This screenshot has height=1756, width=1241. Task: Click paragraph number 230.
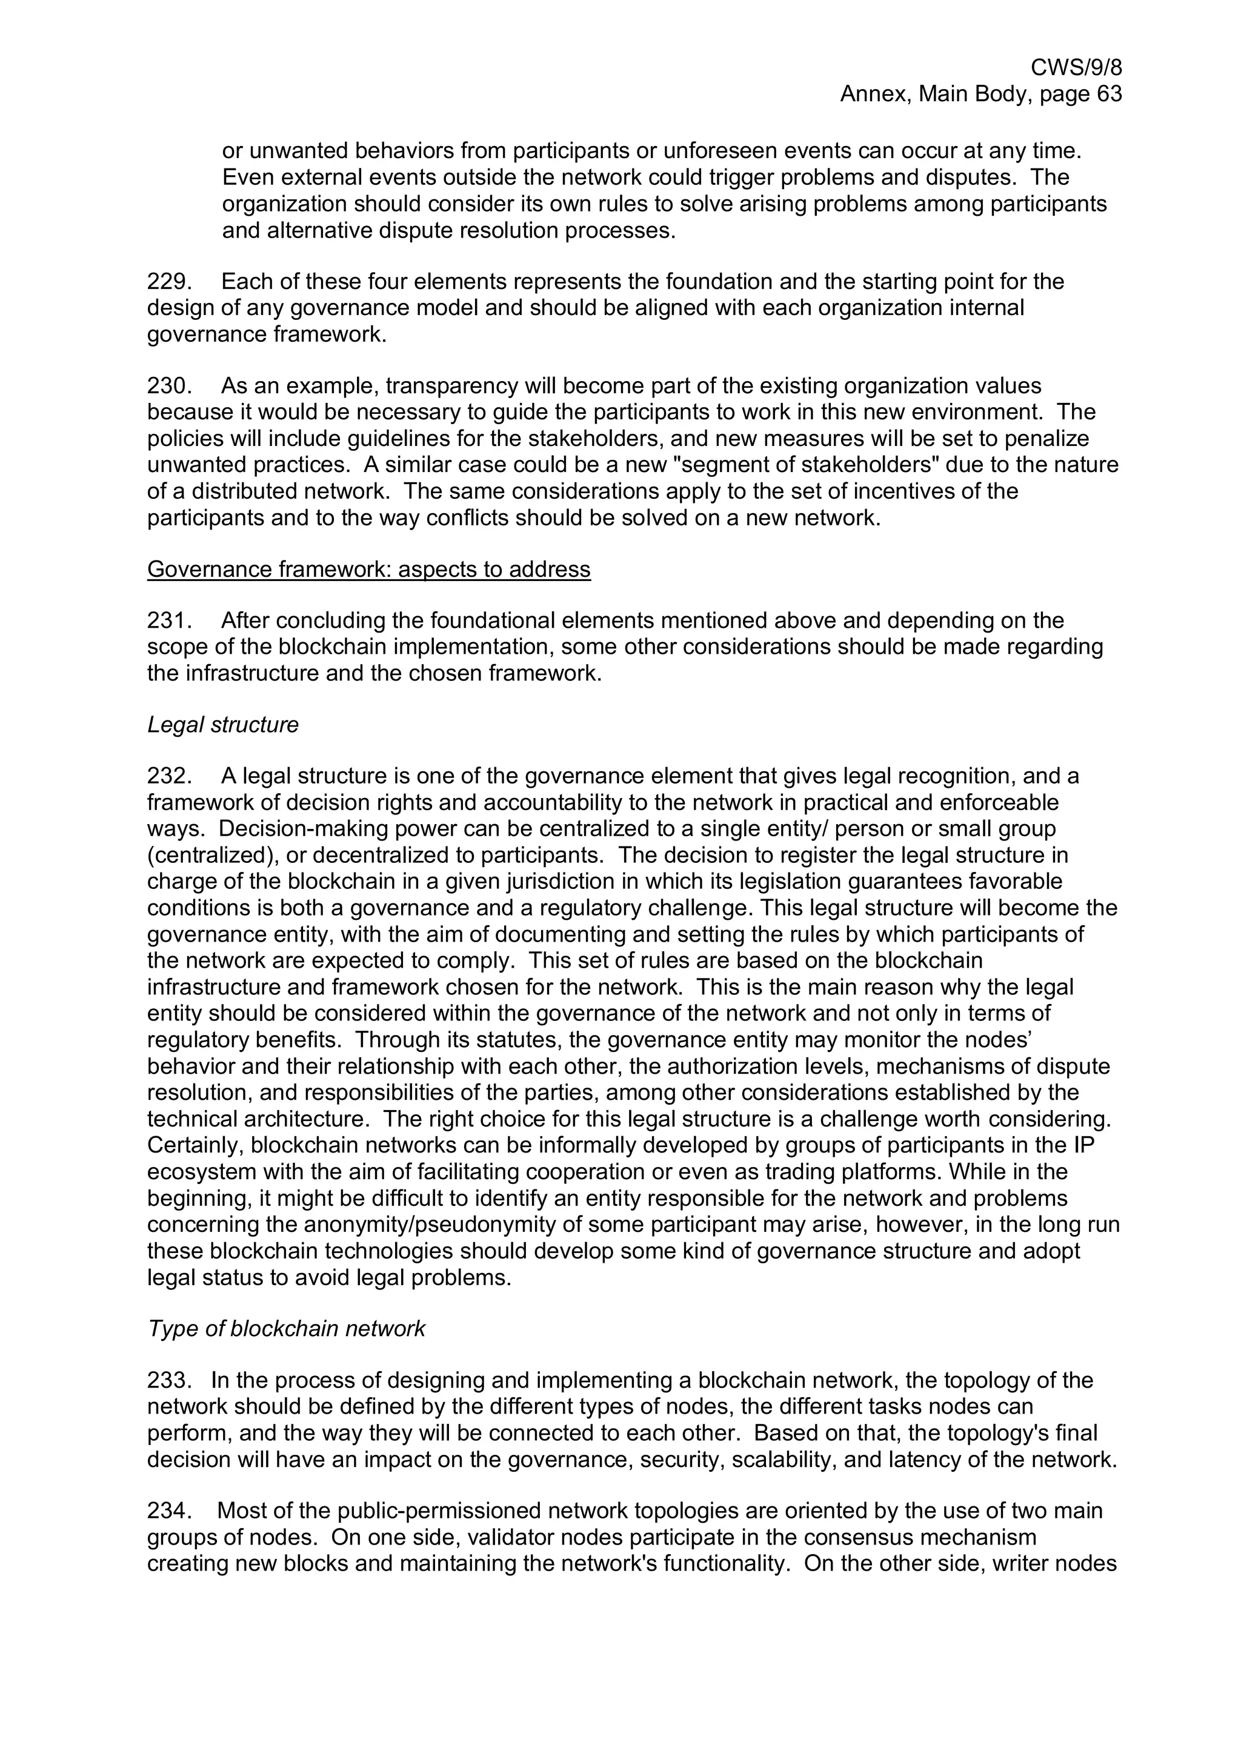pos(168,386)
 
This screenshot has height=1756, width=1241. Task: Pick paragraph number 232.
pos(168,776)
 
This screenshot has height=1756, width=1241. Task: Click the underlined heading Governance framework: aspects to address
pos(368,569)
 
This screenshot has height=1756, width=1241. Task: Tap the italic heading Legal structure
pos(222,725)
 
